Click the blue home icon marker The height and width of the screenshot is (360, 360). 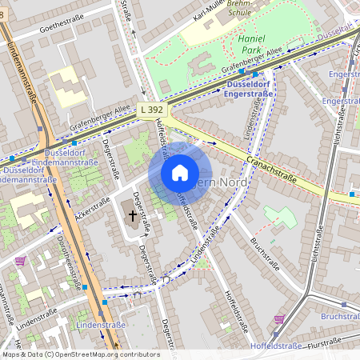coord(180,173)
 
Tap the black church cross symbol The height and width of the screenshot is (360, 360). coord(132,215)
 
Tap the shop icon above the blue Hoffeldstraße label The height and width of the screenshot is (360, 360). coord(278,319)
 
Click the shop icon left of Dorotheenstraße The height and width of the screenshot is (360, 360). coord(20,260)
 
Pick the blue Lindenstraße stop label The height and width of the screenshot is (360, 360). coord(101,326)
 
